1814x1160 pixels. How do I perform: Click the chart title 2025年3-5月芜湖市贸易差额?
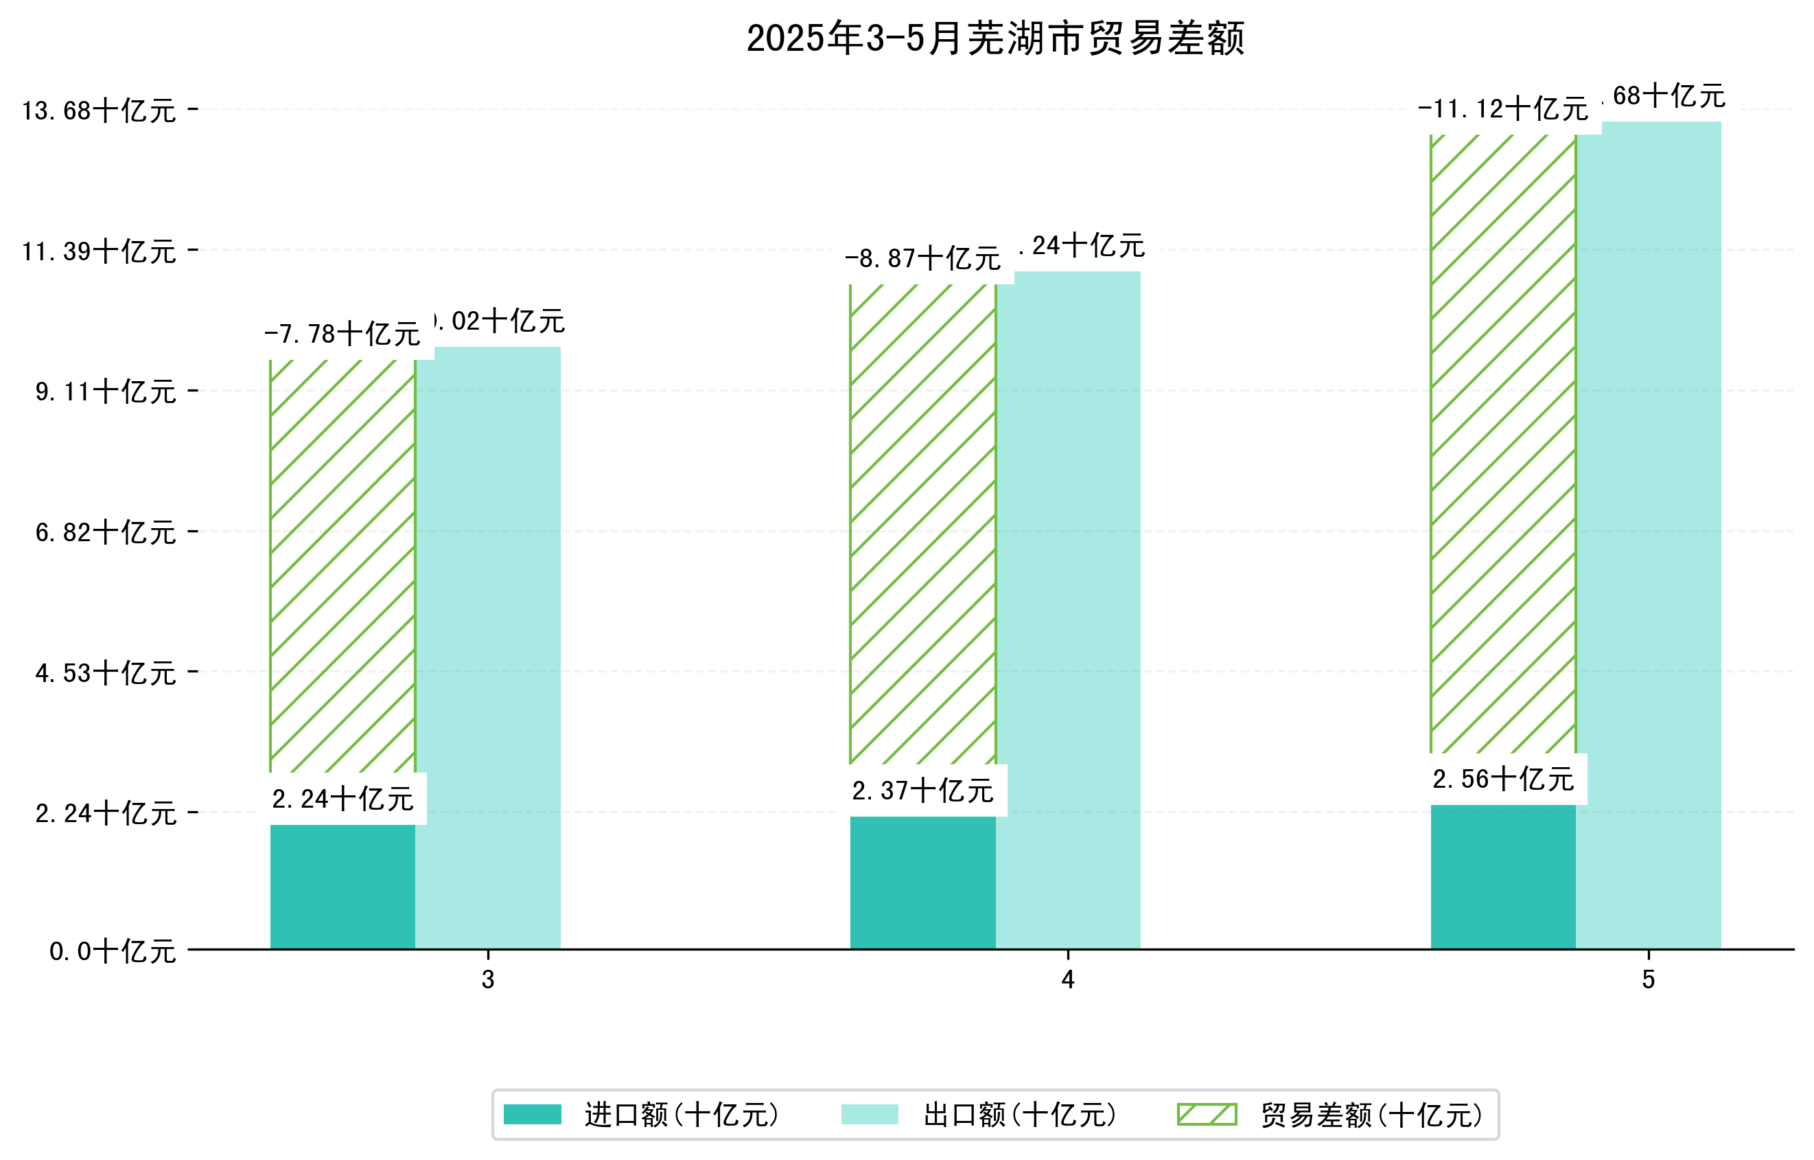(x=995, y=38)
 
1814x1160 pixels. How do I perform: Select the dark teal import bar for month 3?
(x=342, y=887)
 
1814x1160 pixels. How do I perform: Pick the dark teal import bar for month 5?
(x=1503, y=876)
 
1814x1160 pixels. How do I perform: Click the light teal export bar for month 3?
(x=488, y=648)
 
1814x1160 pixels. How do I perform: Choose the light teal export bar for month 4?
(x=1068, y=611)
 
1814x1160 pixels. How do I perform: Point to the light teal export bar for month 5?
(x=1649, y=535)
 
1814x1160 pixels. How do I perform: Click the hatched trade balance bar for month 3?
(x=342, y=565)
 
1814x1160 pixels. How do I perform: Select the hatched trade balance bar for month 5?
(x=1503, y=445)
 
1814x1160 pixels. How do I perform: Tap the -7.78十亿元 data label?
(x=342, y=334)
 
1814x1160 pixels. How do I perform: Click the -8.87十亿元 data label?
(x=923, y=258)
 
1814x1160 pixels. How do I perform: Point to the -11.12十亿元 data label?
(x=1503, y=109)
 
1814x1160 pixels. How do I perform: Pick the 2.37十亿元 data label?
(x=923, y=791)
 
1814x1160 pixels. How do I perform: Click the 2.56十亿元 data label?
(x=1503, y=780)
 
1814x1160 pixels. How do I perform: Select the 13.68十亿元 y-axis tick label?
(x=99, y=111)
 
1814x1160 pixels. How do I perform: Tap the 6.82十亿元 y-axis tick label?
(x=106, y=532)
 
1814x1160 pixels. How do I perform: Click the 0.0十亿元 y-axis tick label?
(x=113, y=951)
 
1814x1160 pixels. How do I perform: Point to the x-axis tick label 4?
(x=1067, y=980)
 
